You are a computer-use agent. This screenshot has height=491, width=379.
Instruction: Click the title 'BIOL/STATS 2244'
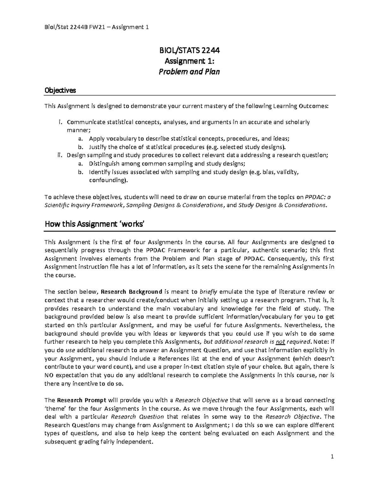point(189,51)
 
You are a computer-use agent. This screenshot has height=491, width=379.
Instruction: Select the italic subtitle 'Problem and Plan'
point(189,72)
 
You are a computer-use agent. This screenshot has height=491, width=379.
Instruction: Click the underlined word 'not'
point(280,341)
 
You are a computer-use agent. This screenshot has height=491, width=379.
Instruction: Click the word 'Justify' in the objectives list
point(98,147)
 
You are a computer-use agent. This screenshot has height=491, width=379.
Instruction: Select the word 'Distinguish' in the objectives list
point(104,164)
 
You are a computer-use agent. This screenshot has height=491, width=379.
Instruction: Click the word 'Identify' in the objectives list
point(99,172)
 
